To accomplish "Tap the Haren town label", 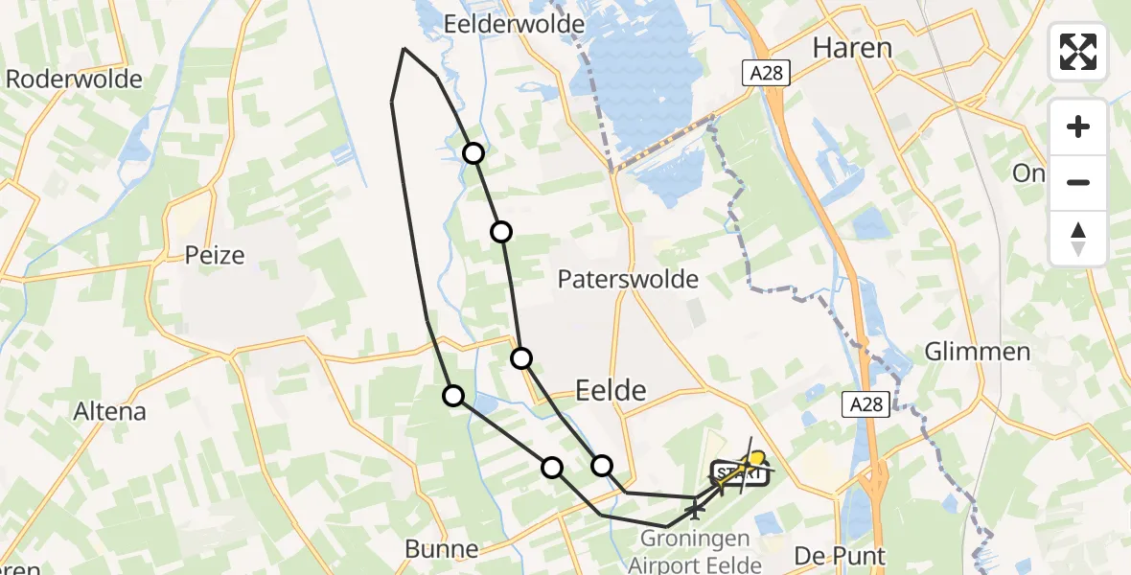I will click(852, 47).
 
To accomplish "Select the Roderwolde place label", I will click(74, 79).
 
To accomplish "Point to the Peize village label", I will click(215, 255).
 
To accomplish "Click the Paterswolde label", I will click(629, 280).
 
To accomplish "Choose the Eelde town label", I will click(611, 389).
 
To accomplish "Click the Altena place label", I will click(110, 411).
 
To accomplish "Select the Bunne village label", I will click(441, 549).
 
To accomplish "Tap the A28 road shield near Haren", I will click(767, 72).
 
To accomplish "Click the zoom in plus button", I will click(1078, 126).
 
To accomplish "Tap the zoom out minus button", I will click(1078, 182).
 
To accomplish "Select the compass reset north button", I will click(1078, 238).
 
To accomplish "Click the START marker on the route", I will click(739, 473).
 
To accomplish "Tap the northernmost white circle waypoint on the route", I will click(473, 153).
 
